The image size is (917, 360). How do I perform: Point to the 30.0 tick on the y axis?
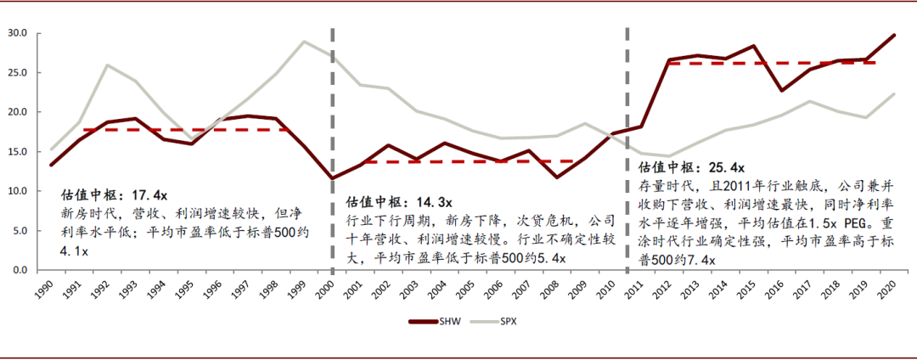17,33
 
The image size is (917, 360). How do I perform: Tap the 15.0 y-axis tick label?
17,151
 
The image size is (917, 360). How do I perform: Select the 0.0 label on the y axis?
20,269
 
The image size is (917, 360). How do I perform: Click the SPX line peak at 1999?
304,42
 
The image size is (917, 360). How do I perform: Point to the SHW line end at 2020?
895,35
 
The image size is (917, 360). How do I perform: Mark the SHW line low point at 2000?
332,178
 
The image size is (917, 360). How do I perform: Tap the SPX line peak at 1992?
107,65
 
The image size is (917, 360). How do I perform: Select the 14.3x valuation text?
434,204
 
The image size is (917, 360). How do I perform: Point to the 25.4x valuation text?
727,168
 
